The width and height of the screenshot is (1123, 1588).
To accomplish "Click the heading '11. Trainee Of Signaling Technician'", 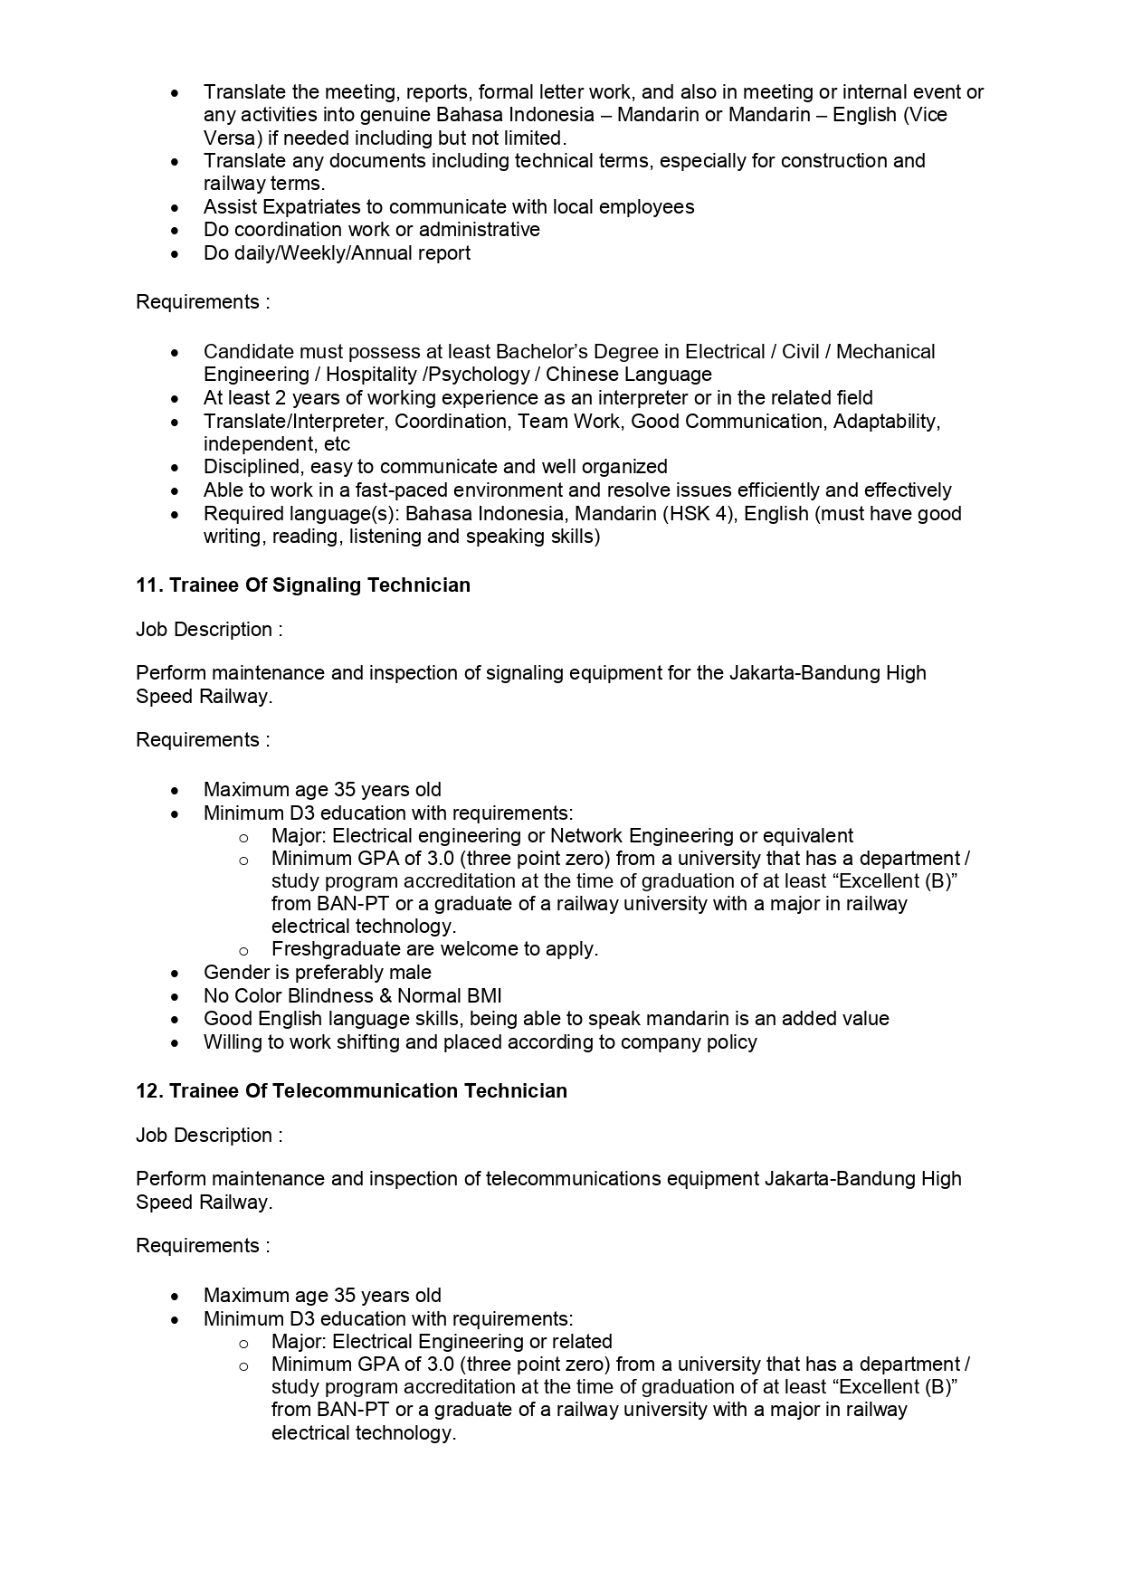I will click(x=303, y=585).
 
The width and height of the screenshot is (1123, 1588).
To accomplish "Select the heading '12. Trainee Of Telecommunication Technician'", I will click(x=351, y=1091).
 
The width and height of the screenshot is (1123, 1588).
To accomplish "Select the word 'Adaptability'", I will click(x=886, y=422).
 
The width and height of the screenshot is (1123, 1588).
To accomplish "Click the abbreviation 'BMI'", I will click(x=484, y=996).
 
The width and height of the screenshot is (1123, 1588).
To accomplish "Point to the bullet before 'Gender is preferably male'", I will click(x=176, y=974).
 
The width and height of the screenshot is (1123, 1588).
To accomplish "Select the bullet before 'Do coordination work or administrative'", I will click(x=176, y=231).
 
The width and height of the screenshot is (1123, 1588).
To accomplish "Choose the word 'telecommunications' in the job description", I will click(x=564, y=1179).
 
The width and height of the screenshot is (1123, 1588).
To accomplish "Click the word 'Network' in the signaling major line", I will click(x=586, y=836).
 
